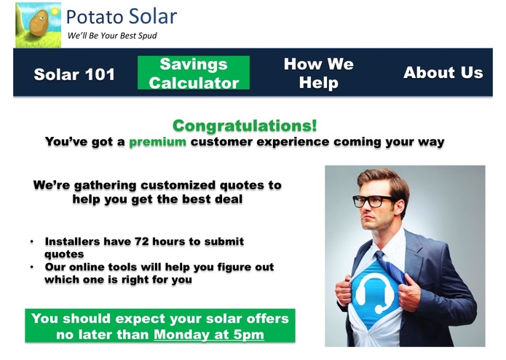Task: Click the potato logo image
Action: (x=37, y=24)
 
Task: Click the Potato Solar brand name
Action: (x=121, y=16)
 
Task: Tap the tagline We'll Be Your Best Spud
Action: (x=111, y=36)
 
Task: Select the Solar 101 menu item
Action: (x=74, y=74)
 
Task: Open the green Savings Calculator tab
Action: (x=194, y=74)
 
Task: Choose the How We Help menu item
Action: (x=318, y=74)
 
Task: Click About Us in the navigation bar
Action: (x=443, y=73)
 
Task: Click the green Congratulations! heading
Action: (x=245, y=126)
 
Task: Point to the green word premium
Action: (x=158, y=141)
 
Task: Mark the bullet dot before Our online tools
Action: (x=32, y=267)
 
